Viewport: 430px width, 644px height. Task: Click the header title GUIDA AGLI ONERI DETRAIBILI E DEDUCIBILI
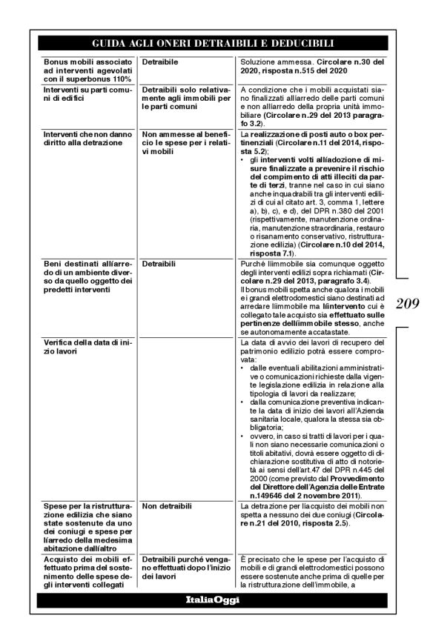point(214,44)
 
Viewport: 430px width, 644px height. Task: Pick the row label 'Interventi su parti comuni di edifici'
point(87,96)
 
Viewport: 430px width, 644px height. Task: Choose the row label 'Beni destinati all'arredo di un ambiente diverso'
point(87,278)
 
